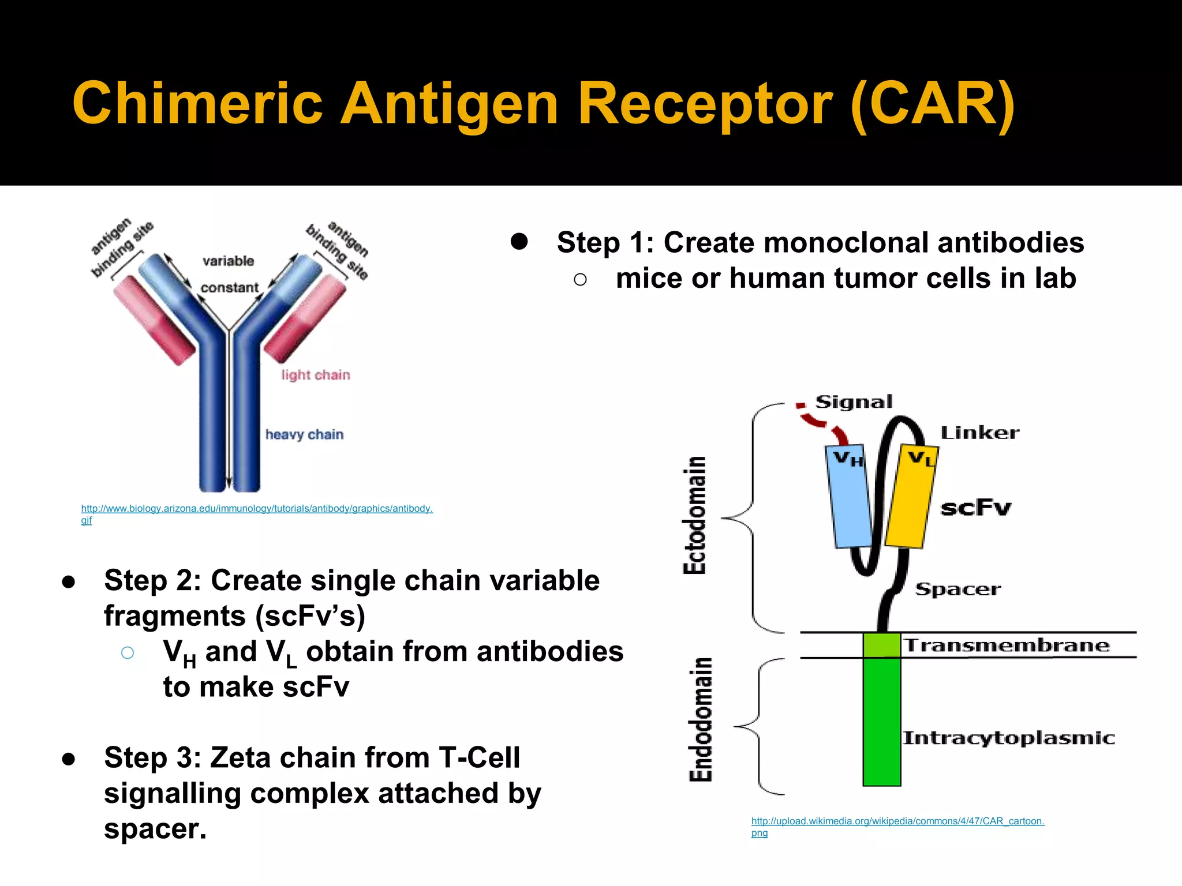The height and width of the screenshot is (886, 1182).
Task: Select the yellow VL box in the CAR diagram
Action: pyautogui.click(x=911, y=499)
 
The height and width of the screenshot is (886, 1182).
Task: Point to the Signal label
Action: pyautogui.click(x=854, y=402)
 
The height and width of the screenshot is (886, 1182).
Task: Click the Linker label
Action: pyautogui.click(x=979, y=433)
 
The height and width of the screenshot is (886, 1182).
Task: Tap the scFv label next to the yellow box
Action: pyautogui.click(x=975, y=508)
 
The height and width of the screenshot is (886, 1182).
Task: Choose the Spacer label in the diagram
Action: pyautogui.click(x=958, y=590)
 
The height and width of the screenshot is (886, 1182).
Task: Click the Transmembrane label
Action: pyautogui.click(x=1007, y=645)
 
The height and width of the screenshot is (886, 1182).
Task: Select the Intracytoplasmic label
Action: pyautogui.click(x=1008, y=738)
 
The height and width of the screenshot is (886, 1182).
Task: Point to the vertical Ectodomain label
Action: pyautogui.click(x=695, y=515)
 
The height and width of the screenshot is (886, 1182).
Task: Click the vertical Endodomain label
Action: pyautogui.click(x=701, y=720)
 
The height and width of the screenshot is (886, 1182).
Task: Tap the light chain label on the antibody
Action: pyautogui.click(x=316, y=376)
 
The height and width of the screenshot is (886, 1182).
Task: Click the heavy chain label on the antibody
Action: pyautogui.click(x=304, y=435)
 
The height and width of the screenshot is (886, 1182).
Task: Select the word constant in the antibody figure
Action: pyautogui.click(x=230, y=288)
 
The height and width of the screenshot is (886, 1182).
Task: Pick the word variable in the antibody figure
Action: pyautogui.click(x=228, y=261)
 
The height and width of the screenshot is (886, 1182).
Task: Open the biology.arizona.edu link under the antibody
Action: pyautogui.click(x=257, y=509)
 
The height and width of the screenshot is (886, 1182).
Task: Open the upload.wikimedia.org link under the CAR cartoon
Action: pyautogui.click(x=897, y=821)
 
